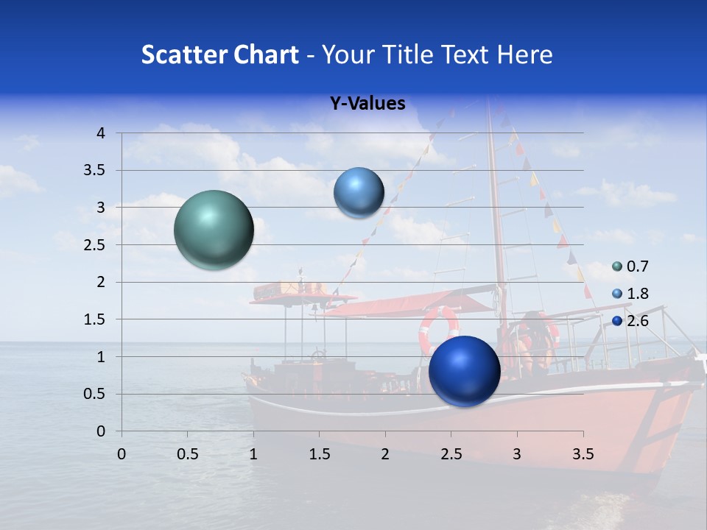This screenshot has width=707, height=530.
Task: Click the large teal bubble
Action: pyautogui.click(x=214, y=230)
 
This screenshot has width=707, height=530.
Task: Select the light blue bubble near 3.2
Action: pyautogui.click(x=359, y=192)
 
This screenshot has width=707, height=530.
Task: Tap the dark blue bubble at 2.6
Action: pyautogui.click(x=464, y=371)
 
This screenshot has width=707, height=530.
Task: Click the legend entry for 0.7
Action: pyautogui.click(x=631, y=266)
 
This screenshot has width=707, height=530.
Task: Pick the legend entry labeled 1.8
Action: pyautogui.click(x=631, y=294)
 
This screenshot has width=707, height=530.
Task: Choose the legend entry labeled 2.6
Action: pyautogui.click(x=631, y=320)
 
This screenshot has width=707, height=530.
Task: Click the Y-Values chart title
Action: pyautogui.click(x=367, y=104)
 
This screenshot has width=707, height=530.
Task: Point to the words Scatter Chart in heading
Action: pyautogui.click(x=220, y=54)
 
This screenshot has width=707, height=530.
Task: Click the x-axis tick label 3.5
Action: pyautogui.click(x=583, y=454)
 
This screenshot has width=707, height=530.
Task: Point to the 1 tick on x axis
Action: pyautogui.click(x=253, y=454)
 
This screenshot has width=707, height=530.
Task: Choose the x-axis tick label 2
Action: pyautogui.click(x=385, y=454)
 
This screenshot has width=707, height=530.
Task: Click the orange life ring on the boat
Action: pyautogui.click(x=439, y=329)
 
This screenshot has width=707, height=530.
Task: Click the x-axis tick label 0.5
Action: pyautogui.click(x=187, y=454)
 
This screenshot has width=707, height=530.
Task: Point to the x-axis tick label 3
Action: pyautogui.click(x=517, y=454)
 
